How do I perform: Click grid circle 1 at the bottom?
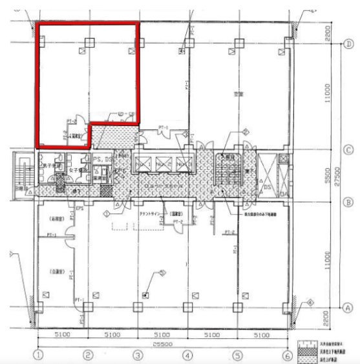coord(38,355)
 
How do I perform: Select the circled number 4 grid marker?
coord(187,355)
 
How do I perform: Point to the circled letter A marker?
coord(348,308)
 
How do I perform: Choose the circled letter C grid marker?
coord(348,149)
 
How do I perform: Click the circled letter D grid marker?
coord(348,44)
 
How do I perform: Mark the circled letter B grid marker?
coord(348,202)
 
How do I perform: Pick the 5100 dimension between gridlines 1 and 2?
coord(63,336)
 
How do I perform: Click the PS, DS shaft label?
coord(100,158)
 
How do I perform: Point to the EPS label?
coord(80,208)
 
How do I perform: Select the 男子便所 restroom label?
coord(51,166)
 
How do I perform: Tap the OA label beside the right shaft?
coord(282,193)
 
